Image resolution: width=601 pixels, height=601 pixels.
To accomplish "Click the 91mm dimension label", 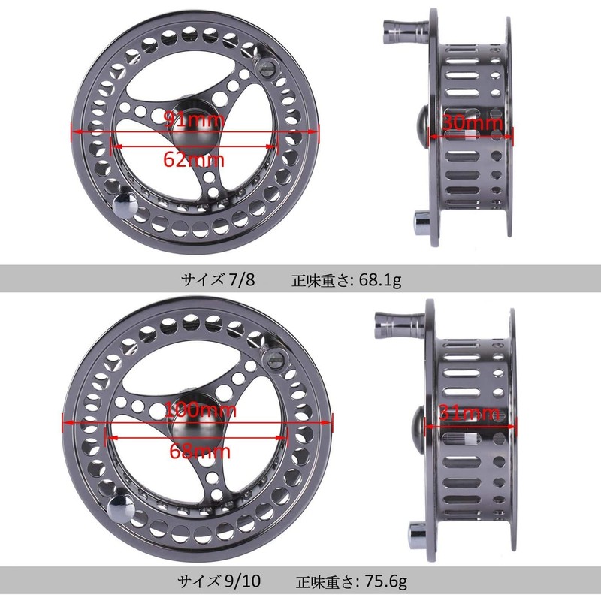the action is [x=194, y=119].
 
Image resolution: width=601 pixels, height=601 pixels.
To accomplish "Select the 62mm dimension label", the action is [x=194, y=159].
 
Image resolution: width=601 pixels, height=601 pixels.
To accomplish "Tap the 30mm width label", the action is [x=473, y=122].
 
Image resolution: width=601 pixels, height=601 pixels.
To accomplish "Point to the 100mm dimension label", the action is [x=201, y=410].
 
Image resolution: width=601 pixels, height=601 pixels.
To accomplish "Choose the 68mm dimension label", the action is [x=200, y=452].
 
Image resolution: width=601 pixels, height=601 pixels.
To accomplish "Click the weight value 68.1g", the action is [x=380, y=280].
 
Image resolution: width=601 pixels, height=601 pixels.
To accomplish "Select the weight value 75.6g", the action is [x=385, y=581].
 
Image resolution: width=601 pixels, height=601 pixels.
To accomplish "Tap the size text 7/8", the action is [x=241, y=280].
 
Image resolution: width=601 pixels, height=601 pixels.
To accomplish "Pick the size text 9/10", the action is [x=243, y=581].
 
